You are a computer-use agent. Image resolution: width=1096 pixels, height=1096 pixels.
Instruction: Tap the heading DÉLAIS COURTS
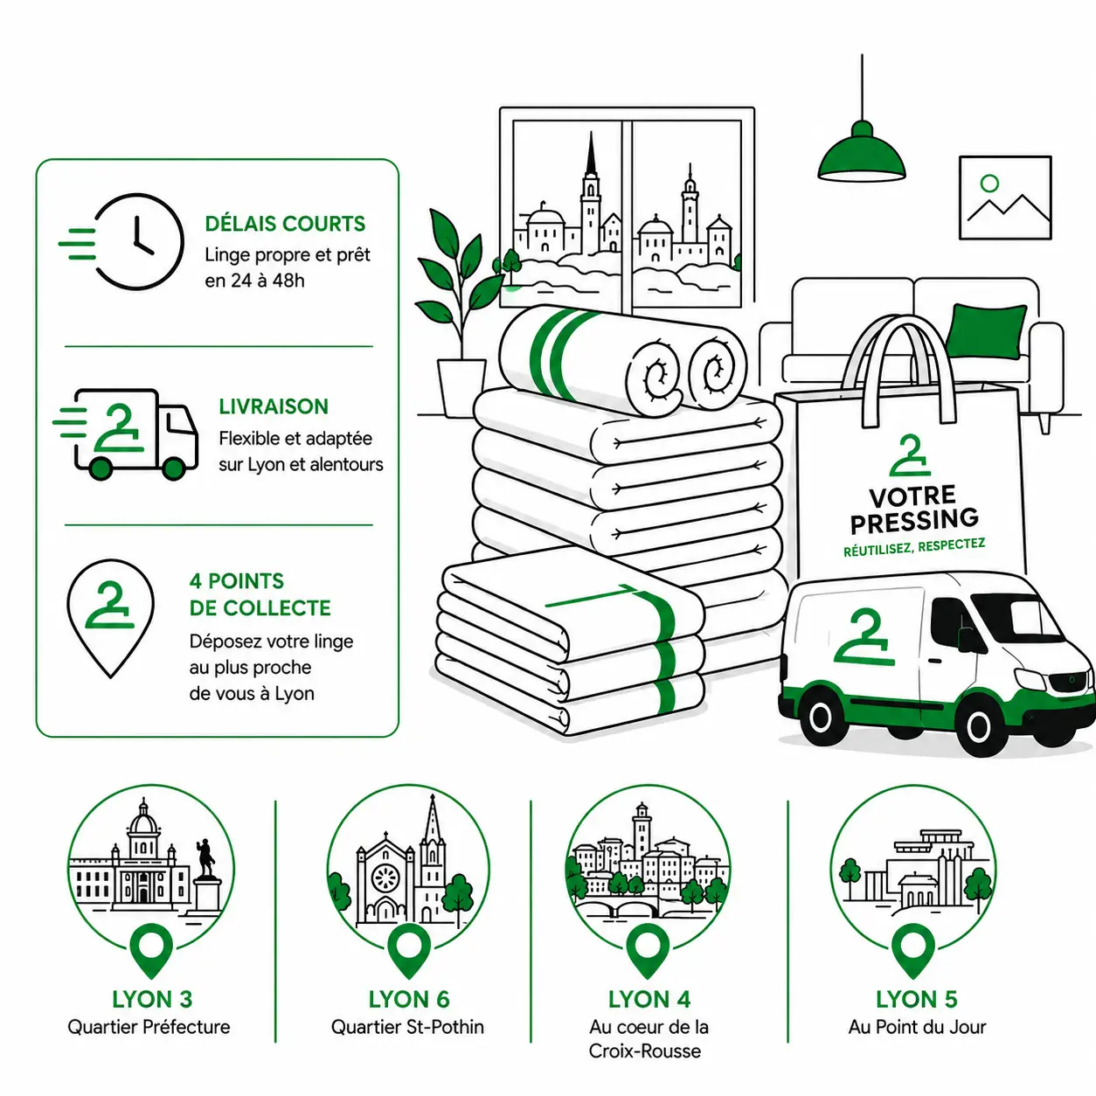tap(285, 224)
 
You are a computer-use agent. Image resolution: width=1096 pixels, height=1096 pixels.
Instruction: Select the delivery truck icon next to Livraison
tap(126, 434)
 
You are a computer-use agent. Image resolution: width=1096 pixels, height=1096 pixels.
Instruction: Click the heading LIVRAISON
tap(274, 406)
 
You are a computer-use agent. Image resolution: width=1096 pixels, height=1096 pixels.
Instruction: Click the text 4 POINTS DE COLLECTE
tap(260, 594)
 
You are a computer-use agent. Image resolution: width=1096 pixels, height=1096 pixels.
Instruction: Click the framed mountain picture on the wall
tap(1005, 198)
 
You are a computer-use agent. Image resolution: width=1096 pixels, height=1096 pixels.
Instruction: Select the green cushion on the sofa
tap(987, 331)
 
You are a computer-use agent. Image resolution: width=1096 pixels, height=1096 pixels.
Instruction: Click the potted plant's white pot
tap(461, 387)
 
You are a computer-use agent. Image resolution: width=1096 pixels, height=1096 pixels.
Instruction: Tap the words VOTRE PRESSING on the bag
tap(914, 510)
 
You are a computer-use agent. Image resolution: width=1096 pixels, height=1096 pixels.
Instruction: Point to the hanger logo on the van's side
tap(864, 636)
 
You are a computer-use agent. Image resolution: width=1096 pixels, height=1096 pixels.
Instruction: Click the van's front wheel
tap(979, 726)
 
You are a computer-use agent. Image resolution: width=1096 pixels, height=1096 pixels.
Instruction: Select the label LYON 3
tap(152, 999)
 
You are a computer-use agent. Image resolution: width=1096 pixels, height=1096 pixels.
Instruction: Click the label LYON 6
tap(409, 999)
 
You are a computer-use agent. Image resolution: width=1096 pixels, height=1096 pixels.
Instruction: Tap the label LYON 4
tap(649, 999)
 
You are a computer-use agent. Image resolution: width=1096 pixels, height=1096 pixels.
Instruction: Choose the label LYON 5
tap(916, 999)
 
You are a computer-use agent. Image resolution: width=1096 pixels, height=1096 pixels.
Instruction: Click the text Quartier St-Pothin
tap(407, 1027)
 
